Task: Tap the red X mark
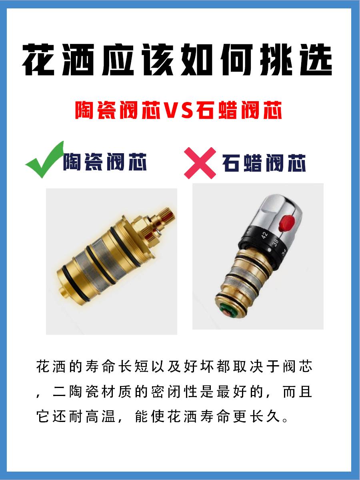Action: click(200, 163)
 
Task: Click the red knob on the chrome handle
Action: click(286, 223)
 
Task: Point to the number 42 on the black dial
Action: click(264, 235)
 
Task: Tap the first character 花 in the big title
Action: click(38, 60)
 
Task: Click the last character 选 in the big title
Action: click(316, 60)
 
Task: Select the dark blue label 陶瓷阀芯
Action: click(105, 162)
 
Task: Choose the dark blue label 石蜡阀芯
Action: click(264, 163)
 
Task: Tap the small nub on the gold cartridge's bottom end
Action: click(63, 292)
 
